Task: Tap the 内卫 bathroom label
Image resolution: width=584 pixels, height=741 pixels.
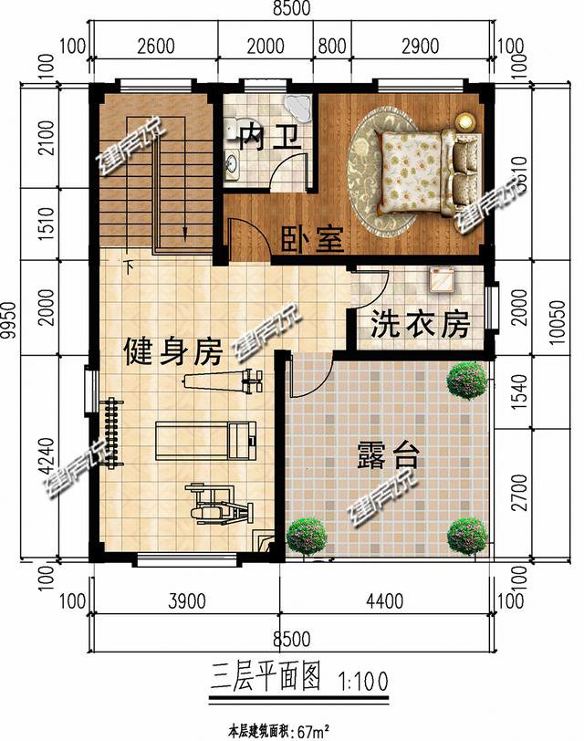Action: point(268,138)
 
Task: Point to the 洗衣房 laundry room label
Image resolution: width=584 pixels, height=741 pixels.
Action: point(421,324)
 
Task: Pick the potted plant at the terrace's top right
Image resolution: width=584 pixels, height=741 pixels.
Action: point(466,381)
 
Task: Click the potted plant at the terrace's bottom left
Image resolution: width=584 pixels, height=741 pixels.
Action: point(308,536)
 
